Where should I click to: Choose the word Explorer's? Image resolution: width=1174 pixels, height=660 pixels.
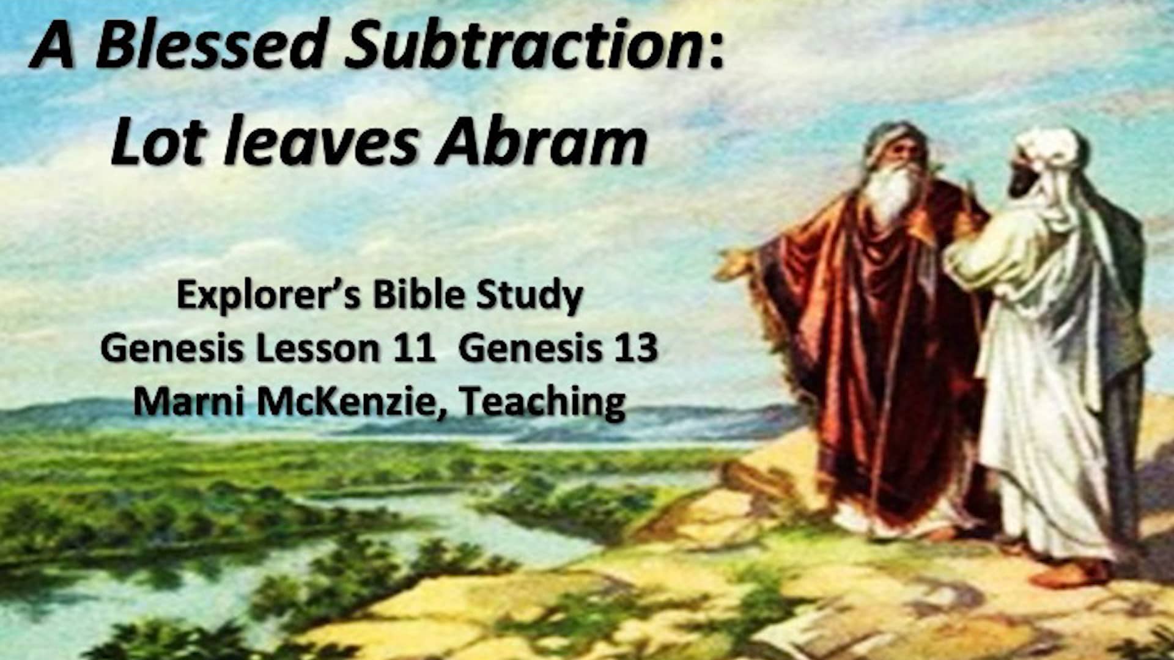click(x=269, y=296)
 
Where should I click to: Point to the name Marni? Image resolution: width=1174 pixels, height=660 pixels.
click(x=189, y=402)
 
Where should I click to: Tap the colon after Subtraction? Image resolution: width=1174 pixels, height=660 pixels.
click(x=717, y=49)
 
